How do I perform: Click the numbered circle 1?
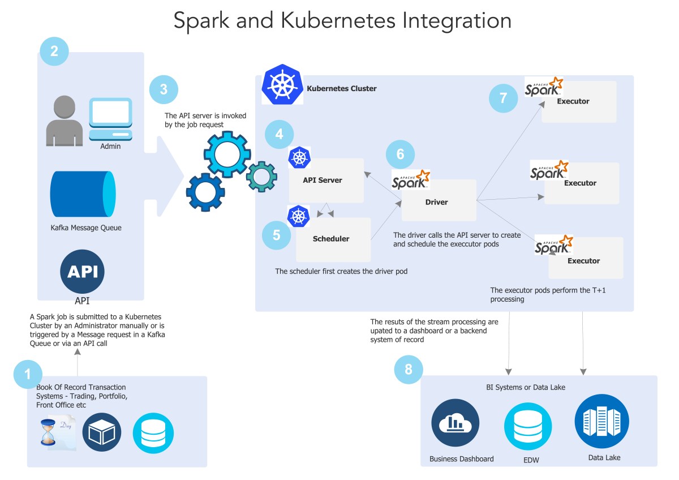(x=28, y=374)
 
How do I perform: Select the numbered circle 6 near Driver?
(x=400, y=155)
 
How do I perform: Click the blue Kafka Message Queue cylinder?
(x=83, y=193)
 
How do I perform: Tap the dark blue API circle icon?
(x=82, y=272)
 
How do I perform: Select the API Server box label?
(x=323, y=180)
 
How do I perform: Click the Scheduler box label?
(x=331, y=238)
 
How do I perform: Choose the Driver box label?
(x=436, y=202)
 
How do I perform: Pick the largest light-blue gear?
(x=226, y=155)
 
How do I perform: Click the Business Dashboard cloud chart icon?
(x=455, y=423)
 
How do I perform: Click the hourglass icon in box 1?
(x=48, y=432)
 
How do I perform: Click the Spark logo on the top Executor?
(x=544, y=87)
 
